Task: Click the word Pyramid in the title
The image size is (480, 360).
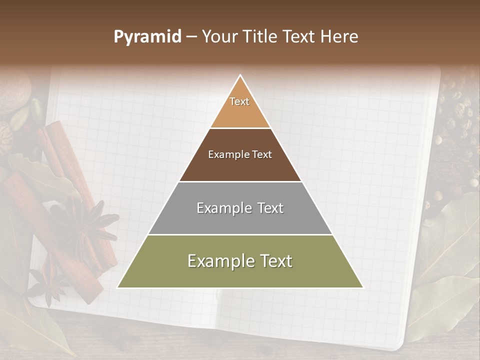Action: pos(147,37)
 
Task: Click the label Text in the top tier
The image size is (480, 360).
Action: pos(239,101)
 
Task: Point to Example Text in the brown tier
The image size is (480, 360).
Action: pos(240,154)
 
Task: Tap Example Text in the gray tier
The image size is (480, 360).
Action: pos(240,208)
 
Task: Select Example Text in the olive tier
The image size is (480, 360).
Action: pos(240,261)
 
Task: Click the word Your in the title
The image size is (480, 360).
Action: pos(220,37)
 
